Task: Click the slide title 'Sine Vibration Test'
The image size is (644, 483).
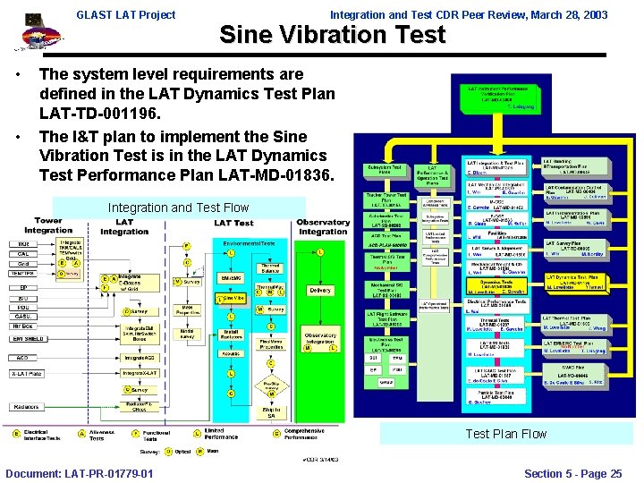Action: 332,36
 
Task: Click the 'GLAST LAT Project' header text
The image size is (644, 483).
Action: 125,14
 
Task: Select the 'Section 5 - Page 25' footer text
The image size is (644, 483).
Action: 572,473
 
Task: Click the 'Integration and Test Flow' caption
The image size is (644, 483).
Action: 178,208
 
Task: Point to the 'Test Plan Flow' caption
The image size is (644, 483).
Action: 505,434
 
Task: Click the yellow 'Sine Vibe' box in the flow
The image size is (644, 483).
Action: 233,298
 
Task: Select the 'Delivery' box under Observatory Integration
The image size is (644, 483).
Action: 319,290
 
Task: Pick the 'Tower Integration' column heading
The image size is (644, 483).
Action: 48,225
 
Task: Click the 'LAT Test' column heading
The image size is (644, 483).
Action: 233,223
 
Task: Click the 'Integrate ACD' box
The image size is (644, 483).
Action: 138,357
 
